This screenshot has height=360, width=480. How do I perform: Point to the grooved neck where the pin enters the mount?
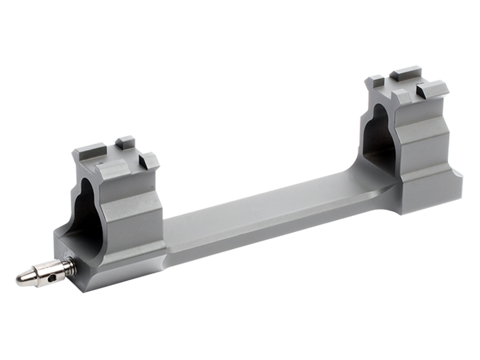click(x=71, y=264)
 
